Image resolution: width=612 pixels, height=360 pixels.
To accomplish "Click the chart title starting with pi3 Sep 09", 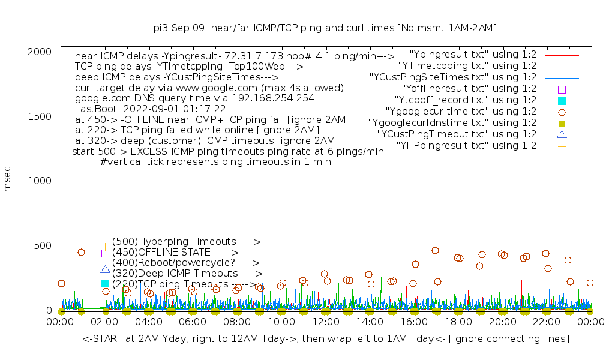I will (x=325, y=28).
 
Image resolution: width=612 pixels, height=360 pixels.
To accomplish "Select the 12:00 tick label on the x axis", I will (x=325, y=323).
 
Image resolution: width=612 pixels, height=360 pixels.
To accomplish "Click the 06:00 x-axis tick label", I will (x=193, y=323).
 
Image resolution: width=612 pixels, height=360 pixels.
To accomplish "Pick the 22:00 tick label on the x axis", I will (x=546, y=323).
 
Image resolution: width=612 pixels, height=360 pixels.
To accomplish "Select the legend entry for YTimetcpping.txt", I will (x=467, y=66).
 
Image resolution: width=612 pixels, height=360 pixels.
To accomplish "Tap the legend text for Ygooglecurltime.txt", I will (x=452, y=112).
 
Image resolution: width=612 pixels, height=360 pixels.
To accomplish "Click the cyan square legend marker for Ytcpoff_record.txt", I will (x=562, y=100).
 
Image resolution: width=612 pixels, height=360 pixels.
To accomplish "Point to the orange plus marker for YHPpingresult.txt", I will (x=562, y=146).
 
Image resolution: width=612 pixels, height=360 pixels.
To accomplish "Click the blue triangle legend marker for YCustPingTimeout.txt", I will (x=562, y=134).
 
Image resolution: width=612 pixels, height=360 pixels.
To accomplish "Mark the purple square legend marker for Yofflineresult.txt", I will (x=562, y=89).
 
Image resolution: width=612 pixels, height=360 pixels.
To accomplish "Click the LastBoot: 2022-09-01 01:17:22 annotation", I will (x=151, y=109).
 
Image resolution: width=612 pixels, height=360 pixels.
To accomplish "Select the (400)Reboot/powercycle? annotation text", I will (x=185, y=263).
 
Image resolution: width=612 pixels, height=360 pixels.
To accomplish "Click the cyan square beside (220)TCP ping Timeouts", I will (x=105, y=283).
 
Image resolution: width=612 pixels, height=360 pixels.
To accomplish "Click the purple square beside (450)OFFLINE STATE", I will (x=105, y=253).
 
